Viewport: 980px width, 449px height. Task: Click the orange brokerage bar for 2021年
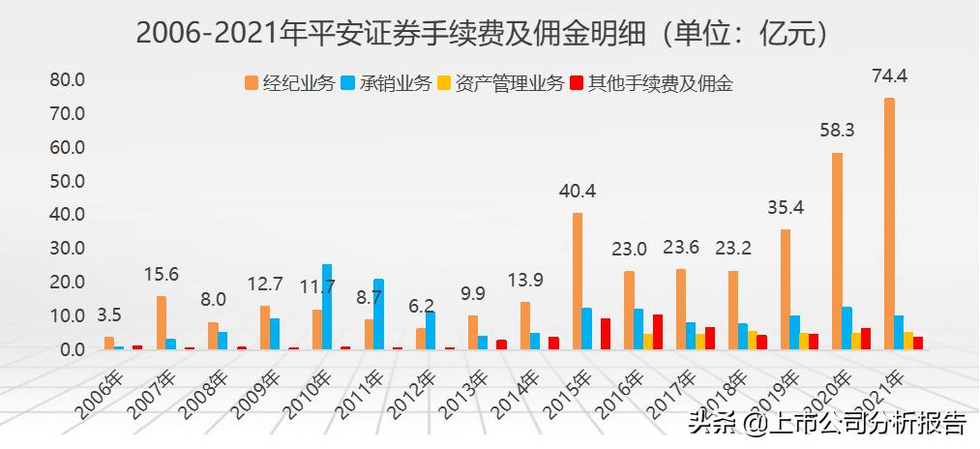[889, 223]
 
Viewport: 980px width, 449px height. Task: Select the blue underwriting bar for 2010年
[327, 306]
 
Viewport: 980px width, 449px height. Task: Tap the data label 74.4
[888, 75]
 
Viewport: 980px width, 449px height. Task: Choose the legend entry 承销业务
[387, 83]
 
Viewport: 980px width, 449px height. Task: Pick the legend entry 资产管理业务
[500, 83]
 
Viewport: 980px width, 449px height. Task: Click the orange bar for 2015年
[578, 281]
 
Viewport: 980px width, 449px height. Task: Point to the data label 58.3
[836, 130]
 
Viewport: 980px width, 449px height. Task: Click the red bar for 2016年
[658, 331]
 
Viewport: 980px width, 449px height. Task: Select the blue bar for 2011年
[379, 314]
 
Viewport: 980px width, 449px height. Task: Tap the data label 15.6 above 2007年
[162, 275]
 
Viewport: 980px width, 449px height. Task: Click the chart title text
[484, 33]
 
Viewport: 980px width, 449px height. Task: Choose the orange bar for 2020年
[837, 251]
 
